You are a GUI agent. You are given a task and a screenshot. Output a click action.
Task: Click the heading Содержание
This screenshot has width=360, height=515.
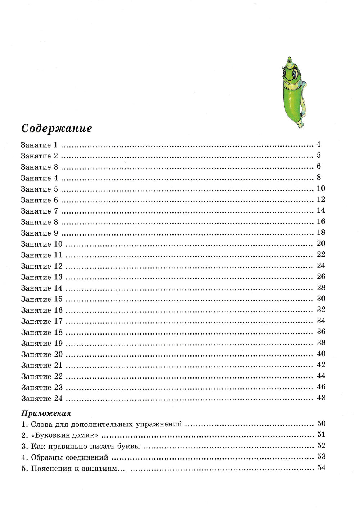pyautogui.click(x=57, y=129)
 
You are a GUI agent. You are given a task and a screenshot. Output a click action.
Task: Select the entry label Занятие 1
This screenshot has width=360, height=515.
pyautogui.click(x=39, y=145)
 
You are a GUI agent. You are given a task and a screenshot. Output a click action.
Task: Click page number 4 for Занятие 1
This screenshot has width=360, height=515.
pyautogui.click(x=318, y=144)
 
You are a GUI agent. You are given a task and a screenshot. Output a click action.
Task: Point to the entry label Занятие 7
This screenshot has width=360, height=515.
pyautogui.click(x=39, y=211)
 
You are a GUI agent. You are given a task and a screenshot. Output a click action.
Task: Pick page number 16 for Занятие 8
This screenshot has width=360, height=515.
pyautogui.click(x=321, y=221)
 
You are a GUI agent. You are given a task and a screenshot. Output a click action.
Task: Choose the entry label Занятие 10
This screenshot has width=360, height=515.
pyautogui.click(x=41, y=245)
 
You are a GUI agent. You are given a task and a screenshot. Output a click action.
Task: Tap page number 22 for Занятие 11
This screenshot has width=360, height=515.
pyautogui.click(x=321, y=255)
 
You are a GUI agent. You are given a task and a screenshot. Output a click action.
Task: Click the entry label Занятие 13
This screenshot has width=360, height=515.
pyautogui.click(x=41, y=278)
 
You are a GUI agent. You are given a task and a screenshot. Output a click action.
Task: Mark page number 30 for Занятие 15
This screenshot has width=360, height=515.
pyautogui.click(x=321, y=299)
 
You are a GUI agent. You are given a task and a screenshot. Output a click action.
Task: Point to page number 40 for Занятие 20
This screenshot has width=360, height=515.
pyautogui.click(x=321, y=354)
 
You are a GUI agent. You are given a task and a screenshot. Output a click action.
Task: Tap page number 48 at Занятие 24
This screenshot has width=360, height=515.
pyautogui.click(x=321, y=398)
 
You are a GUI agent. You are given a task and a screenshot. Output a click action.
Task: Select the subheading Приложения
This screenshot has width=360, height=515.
pyautogui.click(x=46, y=413)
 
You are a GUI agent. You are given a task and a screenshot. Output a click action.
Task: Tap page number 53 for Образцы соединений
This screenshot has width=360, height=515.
pyautogui.click(x=321, y=457)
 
